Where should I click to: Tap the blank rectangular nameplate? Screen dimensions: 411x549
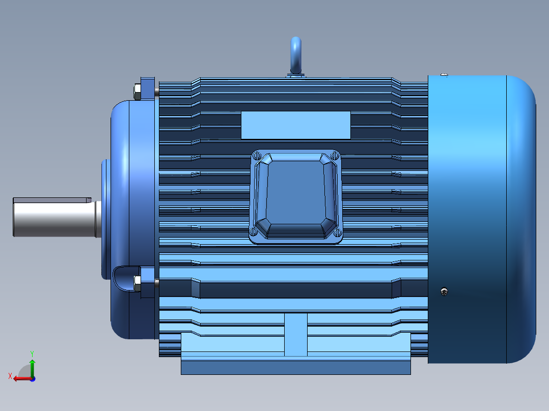click(295, 125)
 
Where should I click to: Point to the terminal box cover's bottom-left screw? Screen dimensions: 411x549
click(254, 232)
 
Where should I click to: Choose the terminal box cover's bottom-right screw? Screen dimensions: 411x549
click(338, 232)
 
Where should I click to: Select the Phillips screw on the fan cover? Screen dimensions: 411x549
click(445, 291)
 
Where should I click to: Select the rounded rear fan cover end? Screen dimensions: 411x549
click(522, 219)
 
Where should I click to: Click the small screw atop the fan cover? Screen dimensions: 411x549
click(444, 74)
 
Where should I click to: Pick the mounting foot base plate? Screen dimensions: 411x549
click(295, 365)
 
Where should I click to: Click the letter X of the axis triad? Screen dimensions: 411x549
click(10, 376)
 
